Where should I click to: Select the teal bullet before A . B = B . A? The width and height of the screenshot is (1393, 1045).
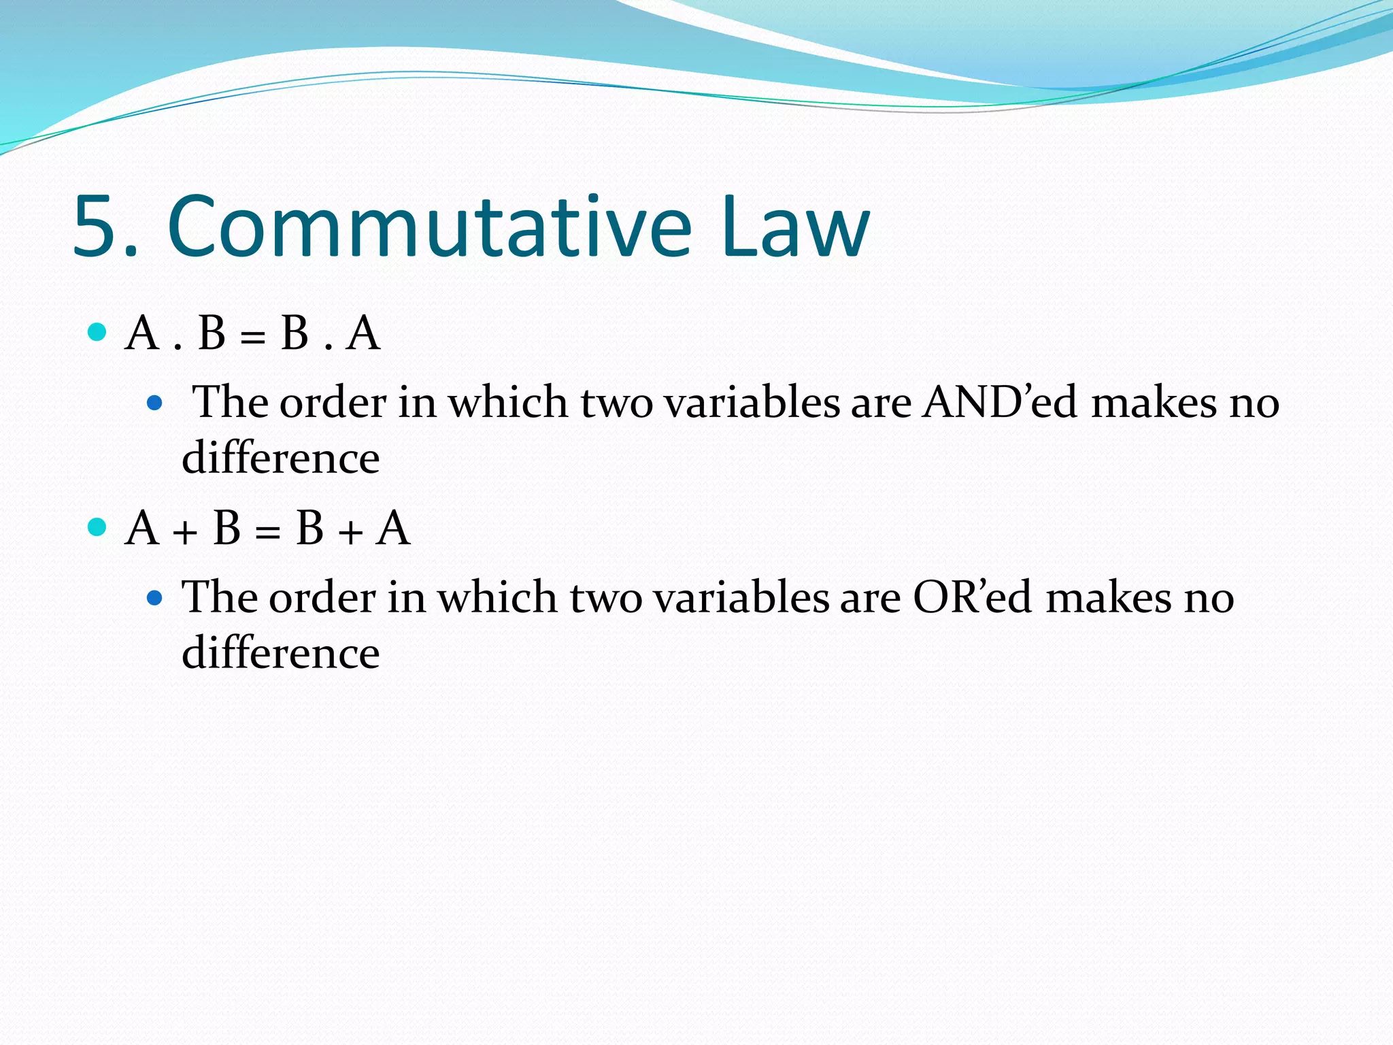coord(98,332)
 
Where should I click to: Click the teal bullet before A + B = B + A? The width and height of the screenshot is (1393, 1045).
coord(98,527)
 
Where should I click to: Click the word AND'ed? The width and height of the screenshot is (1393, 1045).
coord(1001,401)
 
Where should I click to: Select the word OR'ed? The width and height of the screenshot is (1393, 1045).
coord(973,597)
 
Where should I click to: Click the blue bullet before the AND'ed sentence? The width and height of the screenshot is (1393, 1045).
coord(155,403)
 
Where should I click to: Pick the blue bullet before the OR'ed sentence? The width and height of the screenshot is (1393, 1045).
coord(155,598)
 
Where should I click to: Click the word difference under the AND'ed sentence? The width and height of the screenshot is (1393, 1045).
coord(280,457)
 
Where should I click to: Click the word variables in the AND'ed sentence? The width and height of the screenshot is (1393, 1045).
coord(752,401)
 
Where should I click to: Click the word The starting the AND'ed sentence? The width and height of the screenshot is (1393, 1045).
coord(231,401)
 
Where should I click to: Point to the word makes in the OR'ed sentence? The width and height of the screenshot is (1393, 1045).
coord(1109,597)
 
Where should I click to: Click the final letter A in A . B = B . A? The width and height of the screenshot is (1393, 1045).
coord(363,333)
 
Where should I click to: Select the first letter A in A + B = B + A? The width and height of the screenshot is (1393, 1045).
coord(143,528)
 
